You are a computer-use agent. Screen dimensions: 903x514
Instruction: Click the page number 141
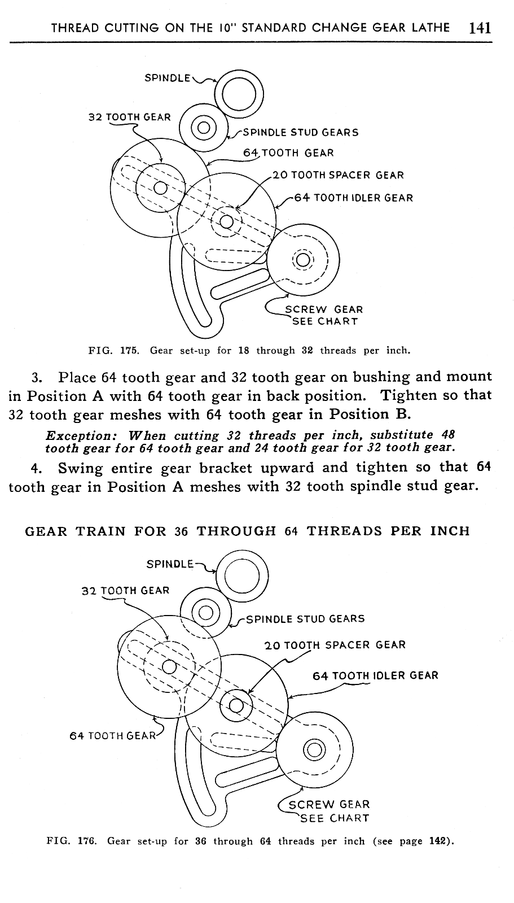pos(480,28)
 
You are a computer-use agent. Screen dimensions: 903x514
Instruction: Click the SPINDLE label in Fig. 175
pos(168,78)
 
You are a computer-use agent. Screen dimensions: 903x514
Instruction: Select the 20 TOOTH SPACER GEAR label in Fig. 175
pos(338,175)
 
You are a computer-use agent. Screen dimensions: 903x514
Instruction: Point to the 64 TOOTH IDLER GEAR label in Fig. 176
pos(375,675)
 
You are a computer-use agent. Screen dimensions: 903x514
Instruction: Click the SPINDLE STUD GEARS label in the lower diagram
pos(305,618)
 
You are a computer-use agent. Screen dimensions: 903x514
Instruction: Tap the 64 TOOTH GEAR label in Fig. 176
pos(112,735)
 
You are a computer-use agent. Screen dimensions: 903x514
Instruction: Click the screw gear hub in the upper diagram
pos(303,259)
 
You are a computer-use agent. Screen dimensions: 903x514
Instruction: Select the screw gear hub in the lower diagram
pos(314,749)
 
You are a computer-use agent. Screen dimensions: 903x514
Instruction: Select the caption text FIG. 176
pos(71,841)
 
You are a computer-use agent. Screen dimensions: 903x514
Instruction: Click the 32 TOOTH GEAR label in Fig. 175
pos(130,117)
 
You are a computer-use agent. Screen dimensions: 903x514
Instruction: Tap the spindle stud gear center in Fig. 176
pos(206,612)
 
